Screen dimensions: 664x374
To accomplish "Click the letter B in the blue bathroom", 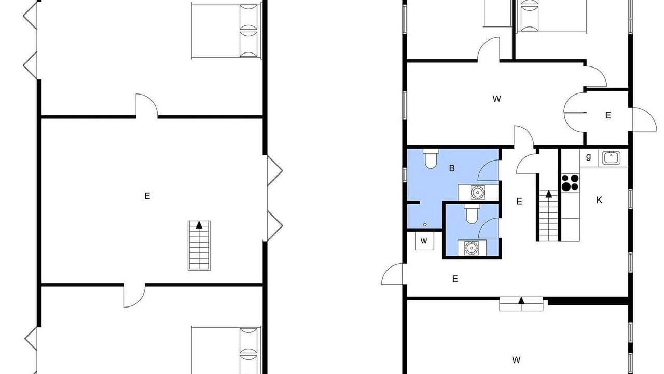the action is pos(452,168).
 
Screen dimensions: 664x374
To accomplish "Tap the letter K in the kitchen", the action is pos(599,200).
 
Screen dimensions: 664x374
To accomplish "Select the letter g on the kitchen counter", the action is pos(588,156).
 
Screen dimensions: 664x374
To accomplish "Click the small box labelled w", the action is pos(424,241).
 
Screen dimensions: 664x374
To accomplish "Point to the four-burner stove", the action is pos(570,182).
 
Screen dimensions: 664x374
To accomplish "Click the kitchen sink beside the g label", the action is pos(611,157).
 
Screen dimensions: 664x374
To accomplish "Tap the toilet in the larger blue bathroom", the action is pos(431,158).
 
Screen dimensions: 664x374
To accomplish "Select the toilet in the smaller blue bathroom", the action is pos(472,213).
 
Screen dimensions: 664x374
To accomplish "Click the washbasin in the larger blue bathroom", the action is pos(478,192).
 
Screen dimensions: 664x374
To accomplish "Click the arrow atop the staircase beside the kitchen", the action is pos(549,194).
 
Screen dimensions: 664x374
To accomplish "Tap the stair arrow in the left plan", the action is pos(199,225).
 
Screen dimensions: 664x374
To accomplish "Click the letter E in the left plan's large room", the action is pos(147,196).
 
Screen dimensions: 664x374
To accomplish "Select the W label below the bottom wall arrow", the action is pos(516,360).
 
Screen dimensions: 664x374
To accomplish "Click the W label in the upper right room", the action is pos(496,99).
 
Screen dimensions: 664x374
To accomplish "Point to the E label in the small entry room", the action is pos(608,115).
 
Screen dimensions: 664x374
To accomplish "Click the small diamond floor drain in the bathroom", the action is pos(425,225).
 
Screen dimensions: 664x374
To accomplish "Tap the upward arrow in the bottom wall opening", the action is pos(521,301).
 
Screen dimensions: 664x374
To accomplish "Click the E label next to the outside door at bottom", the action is pos(455,279).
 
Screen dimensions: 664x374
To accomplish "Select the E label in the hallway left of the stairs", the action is pos(519,201).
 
